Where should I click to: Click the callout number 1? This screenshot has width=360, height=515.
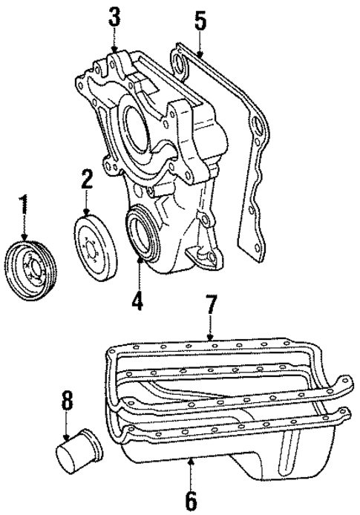24,206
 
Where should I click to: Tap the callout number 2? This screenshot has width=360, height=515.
87,179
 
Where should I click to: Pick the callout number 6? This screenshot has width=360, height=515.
190,500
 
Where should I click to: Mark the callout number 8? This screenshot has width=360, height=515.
68,402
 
